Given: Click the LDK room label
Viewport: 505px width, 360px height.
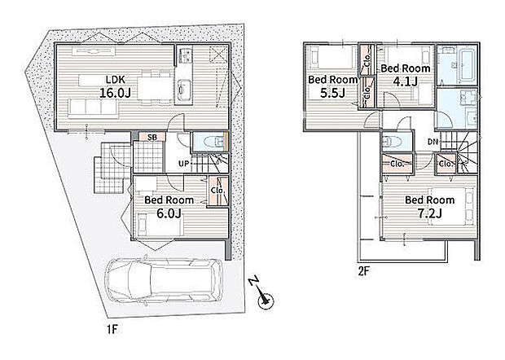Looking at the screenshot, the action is tap(116, 79).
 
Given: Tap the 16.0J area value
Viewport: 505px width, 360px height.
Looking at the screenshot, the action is tap(115, 93).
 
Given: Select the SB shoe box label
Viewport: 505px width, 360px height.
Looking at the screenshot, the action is tap(152, 138).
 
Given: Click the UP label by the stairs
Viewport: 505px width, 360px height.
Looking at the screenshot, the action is tap(183, 164).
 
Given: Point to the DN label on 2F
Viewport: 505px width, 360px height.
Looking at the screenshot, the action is tap(433, 142).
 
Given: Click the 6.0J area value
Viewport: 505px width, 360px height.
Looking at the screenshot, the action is tap(169, 213).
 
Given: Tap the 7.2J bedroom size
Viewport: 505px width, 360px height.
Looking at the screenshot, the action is tap(429, 213).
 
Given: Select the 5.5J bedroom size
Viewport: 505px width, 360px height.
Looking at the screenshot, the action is tap(332, 93).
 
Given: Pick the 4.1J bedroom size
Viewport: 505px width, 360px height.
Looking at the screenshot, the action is tap(405, 81).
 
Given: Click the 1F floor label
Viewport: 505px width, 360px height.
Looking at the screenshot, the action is tap(112, 329).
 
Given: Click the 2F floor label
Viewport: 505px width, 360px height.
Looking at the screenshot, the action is tap(363, 271).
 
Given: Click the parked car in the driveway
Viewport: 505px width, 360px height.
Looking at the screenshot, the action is tap(165, 280).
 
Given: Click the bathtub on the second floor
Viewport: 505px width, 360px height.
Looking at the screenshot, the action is tap(468, 64).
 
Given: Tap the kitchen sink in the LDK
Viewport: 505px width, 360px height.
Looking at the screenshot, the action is tap(184, 88).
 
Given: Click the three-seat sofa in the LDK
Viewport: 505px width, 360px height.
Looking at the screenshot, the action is tap(93, 108).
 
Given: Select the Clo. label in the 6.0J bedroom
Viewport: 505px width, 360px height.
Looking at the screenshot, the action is tap(217, 191).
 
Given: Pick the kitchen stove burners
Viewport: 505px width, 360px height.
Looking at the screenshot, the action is tap(185, 55).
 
